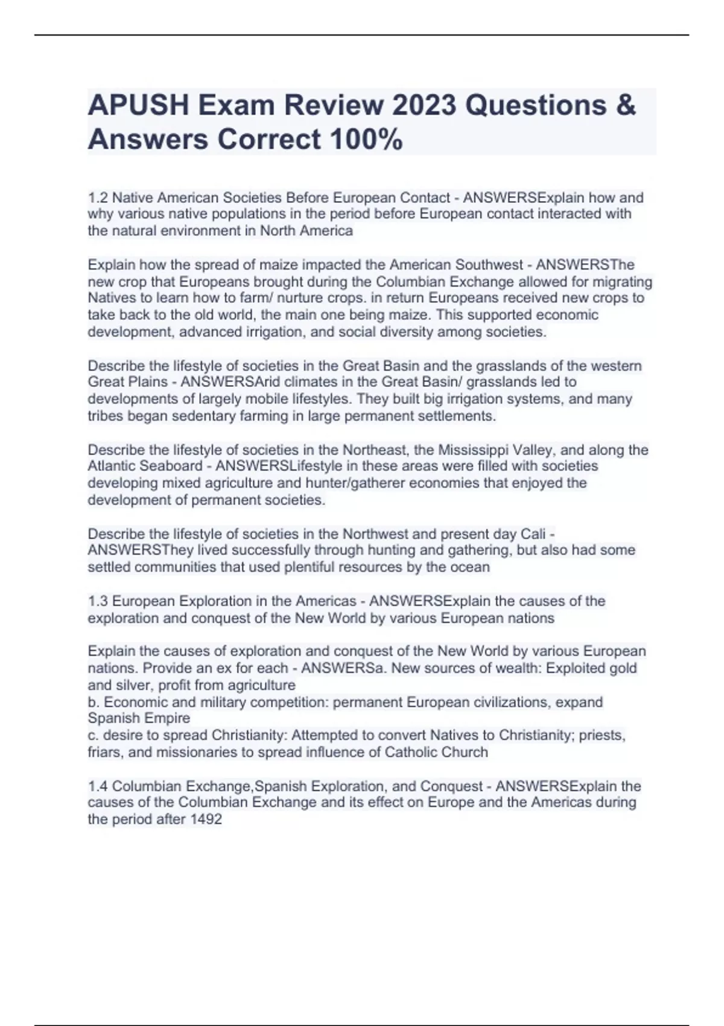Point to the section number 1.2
[98, 198]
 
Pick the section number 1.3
[98, 601]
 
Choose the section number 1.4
[98, 786]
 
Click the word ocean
[469, 567]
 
